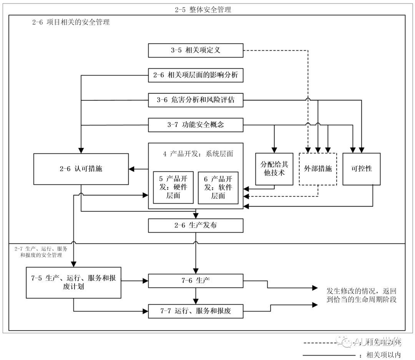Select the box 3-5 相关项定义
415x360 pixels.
coord(196,50)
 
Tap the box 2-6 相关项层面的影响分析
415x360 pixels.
coord(196,75)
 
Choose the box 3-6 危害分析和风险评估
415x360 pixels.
coord(196,100)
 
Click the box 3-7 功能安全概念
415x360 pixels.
coord(196,125)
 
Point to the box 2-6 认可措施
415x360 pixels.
coord(81,169)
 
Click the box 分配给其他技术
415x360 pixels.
coord(274,169)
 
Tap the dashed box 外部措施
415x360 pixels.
coord(318,169)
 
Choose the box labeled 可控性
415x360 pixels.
coord(362,169)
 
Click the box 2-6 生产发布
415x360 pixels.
coord(196,226)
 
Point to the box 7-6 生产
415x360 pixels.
coord(196,280)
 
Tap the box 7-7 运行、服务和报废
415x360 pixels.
coord(196,311)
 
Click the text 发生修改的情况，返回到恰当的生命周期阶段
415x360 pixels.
coord(361,295)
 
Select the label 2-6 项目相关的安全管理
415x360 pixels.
coord(71,22)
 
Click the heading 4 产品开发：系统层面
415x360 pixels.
coord(198,154)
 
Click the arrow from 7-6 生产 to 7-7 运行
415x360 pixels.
coord(196,296)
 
